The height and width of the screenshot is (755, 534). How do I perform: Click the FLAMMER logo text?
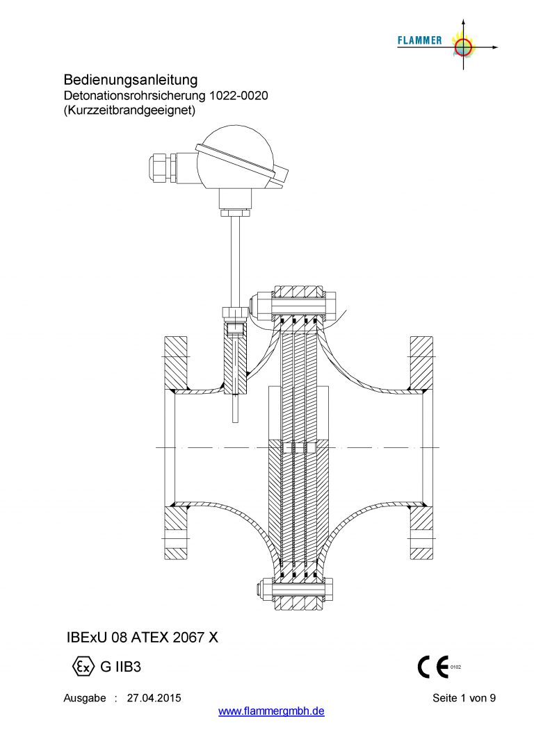pyautogui.click(x=419, y=40)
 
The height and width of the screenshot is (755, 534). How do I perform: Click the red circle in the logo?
pyautogui.click(x=463, y=47)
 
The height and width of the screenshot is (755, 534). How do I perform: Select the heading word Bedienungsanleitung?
pyautogui.click(x=131, y=80)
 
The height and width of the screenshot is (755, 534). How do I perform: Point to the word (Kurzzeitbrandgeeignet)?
pyautogui.click(x=129, y=110)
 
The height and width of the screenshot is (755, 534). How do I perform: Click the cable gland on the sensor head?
pyautogui.click(x=162, y=167)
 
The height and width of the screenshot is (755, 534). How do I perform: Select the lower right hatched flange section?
pyautogui.click(x=421, y=533)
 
